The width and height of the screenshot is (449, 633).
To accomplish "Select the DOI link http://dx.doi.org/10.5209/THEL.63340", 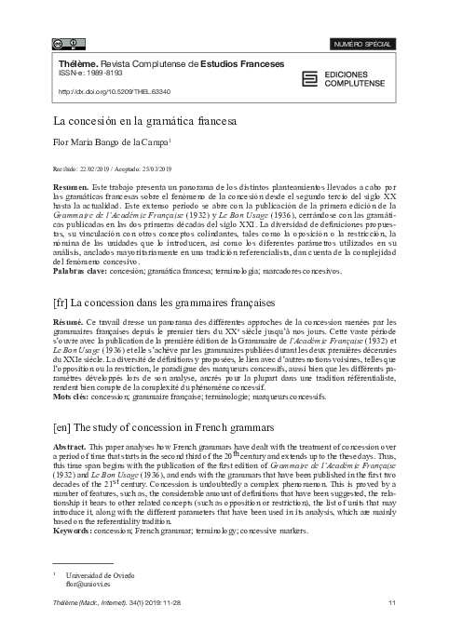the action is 116,92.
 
